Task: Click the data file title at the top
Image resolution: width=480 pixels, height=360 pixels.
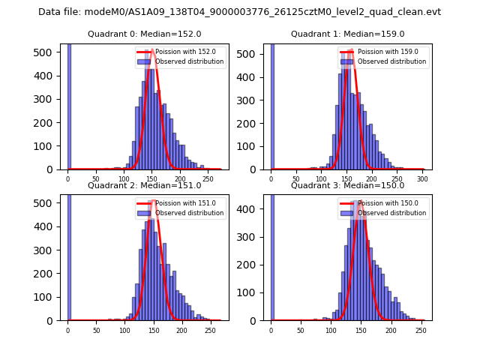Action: [239, 12]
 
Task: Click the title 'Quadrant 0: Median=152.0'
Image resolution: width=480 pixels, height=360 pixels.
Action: [144, 34]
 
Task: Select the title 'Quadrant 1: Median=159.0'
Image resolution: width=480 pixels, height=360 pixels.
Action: [347, 34]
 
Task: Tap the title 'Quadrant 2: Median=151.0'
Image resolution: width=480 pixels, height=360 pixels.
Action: [144, 185]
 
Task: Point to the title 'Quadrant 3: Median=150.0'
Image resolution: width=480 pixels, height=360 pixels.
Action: [347, 185]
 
